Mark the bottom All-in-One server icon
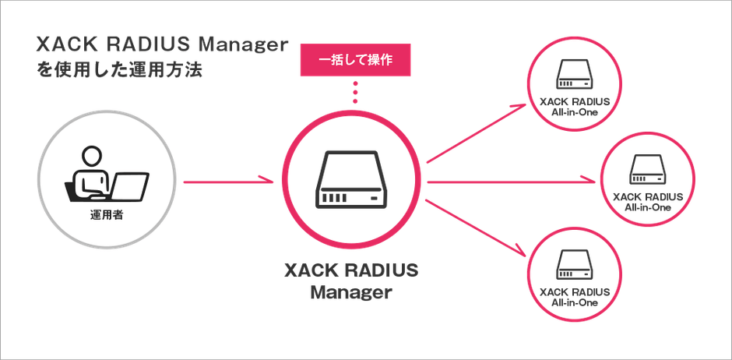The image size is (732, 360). click(x=575, y=266)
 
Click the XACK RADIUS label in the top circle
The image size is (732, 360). click(x=574, y=101)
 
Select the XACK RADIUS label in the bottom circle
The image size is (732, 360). click(x=574, y=291)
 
